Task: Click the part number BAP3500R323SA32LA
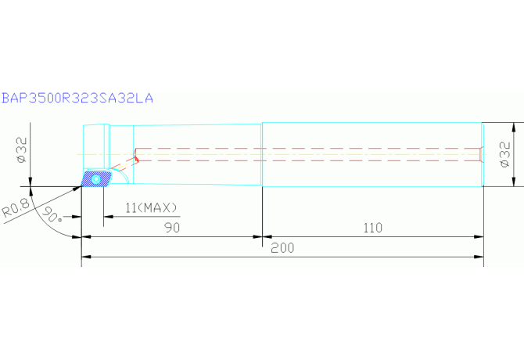pos(77,98)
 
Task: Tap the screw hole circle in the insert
pos(95,179)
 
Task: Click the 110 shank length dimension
pos(372,229)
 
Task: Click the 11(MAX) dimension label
pos(152,207)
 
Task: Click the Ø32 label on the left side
pos(21,149)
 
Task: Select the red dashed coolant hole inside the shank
pos(313,155)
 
